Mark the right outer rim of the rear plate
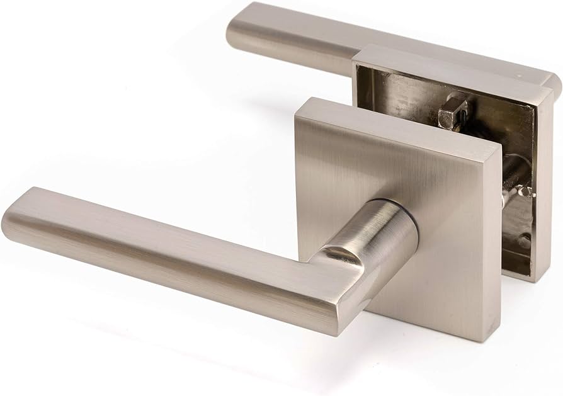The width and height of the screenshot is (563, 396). point(543,189)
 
